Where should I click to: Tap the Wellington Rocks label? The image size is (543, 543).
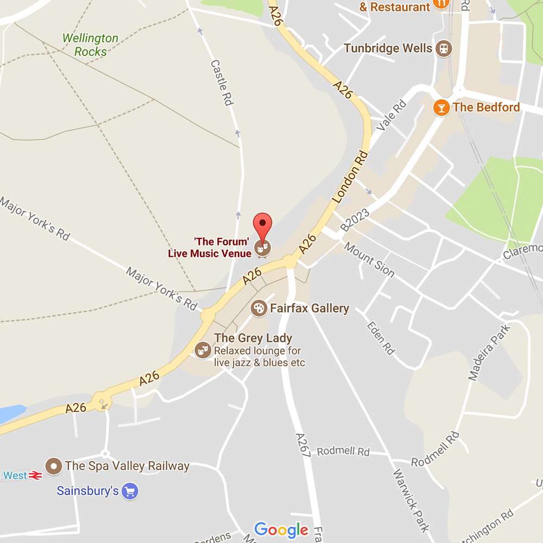90,45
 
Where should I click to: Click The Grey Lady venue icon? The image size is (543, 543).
203,350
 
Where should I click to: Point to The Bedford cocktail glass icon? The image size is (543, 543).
441,107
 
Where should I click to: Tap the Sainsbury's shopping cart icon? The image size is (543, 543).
130,492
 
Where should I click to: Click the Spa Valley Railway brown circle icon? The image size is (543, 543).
53,465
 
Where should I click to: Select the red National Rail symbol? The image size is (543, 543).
36,476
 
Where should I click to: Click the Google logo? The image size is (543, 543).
281,529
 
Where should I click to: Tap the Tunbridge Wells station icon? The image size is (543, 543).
444,48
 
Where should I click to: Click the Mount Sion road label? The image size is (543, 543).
369,260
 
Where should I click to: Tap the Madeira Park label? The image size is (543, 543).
490,352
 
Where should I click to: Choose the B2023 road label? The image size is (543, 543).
355,220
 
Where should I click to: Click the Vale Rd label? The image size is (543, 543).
392,116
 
